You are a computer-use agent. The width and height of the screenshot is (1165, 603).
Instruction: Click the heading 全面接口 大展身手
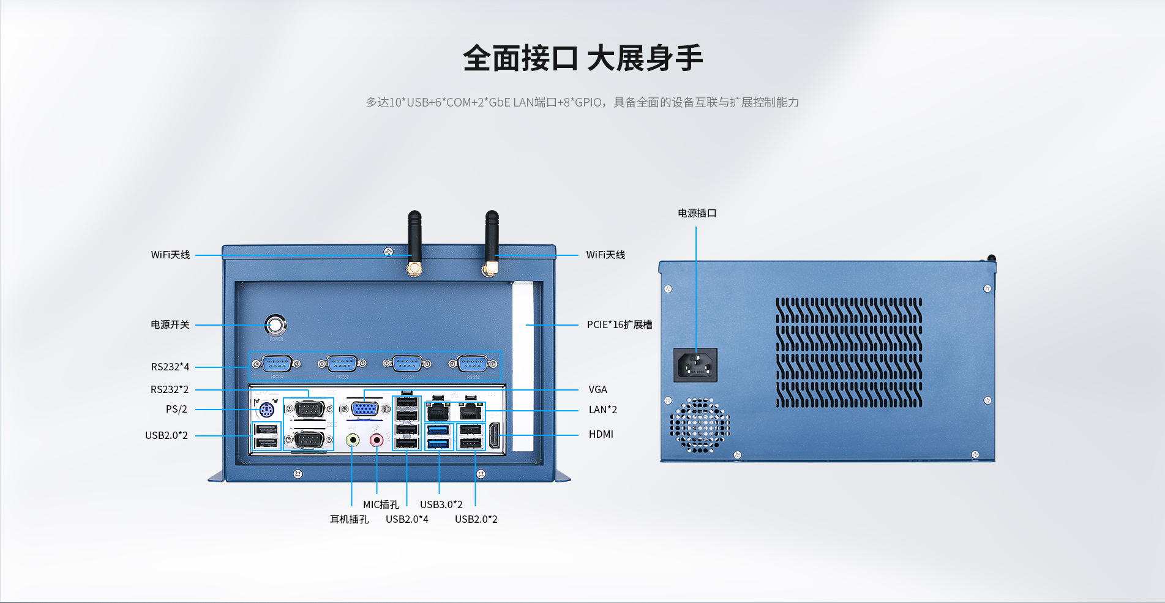click(582, 59)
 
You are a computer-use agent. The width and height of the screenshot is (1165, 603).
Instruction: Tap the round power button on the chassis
click(275, 324)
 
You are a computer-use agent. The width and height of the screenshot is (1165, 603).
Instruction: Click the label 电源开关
click(170, 324)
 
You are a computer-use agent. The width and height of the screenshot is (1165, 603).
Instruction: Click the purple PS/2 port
click(266, 410)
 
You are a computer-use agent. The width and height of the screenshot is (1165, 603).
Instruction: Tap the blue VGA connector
click(364, 408)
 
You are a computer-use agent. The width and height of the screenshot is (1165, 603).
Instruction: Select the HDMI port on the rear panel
click(494, 436)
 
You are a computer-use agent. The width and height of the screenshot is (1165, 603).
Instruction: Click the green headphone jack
click(353, 440)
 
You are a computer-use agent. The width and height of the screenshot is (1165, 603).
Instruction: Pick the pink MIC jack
click(376, 440)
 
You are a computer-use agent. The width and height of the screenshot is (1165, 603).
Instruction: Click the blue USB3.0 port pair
click(438, 436)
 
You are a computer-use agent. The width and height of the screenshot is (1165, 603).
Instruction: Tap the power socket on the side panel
click(695, 365)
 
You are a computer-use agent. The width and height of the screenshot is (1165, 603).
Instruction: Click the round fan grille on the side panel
click(700, 425)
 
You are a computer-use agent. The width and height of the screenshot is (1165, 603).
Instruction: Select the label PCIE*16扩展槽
click(619, 324)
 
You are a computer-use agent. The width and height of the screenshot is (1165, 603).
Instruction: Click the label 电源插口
click(697, 213)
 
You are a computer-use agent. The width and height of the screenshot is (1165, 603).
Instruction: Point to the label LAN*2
click(603, 410)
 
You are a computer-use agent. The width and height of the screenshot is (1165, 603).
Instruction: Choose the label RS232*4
click(170, 367)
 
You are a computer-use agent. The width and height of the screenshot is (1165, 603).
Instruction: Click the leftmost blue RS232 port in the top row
click(277, 364)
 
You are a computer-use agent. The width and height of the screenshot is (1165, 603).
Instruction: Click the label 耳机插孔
click(349, 519)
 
